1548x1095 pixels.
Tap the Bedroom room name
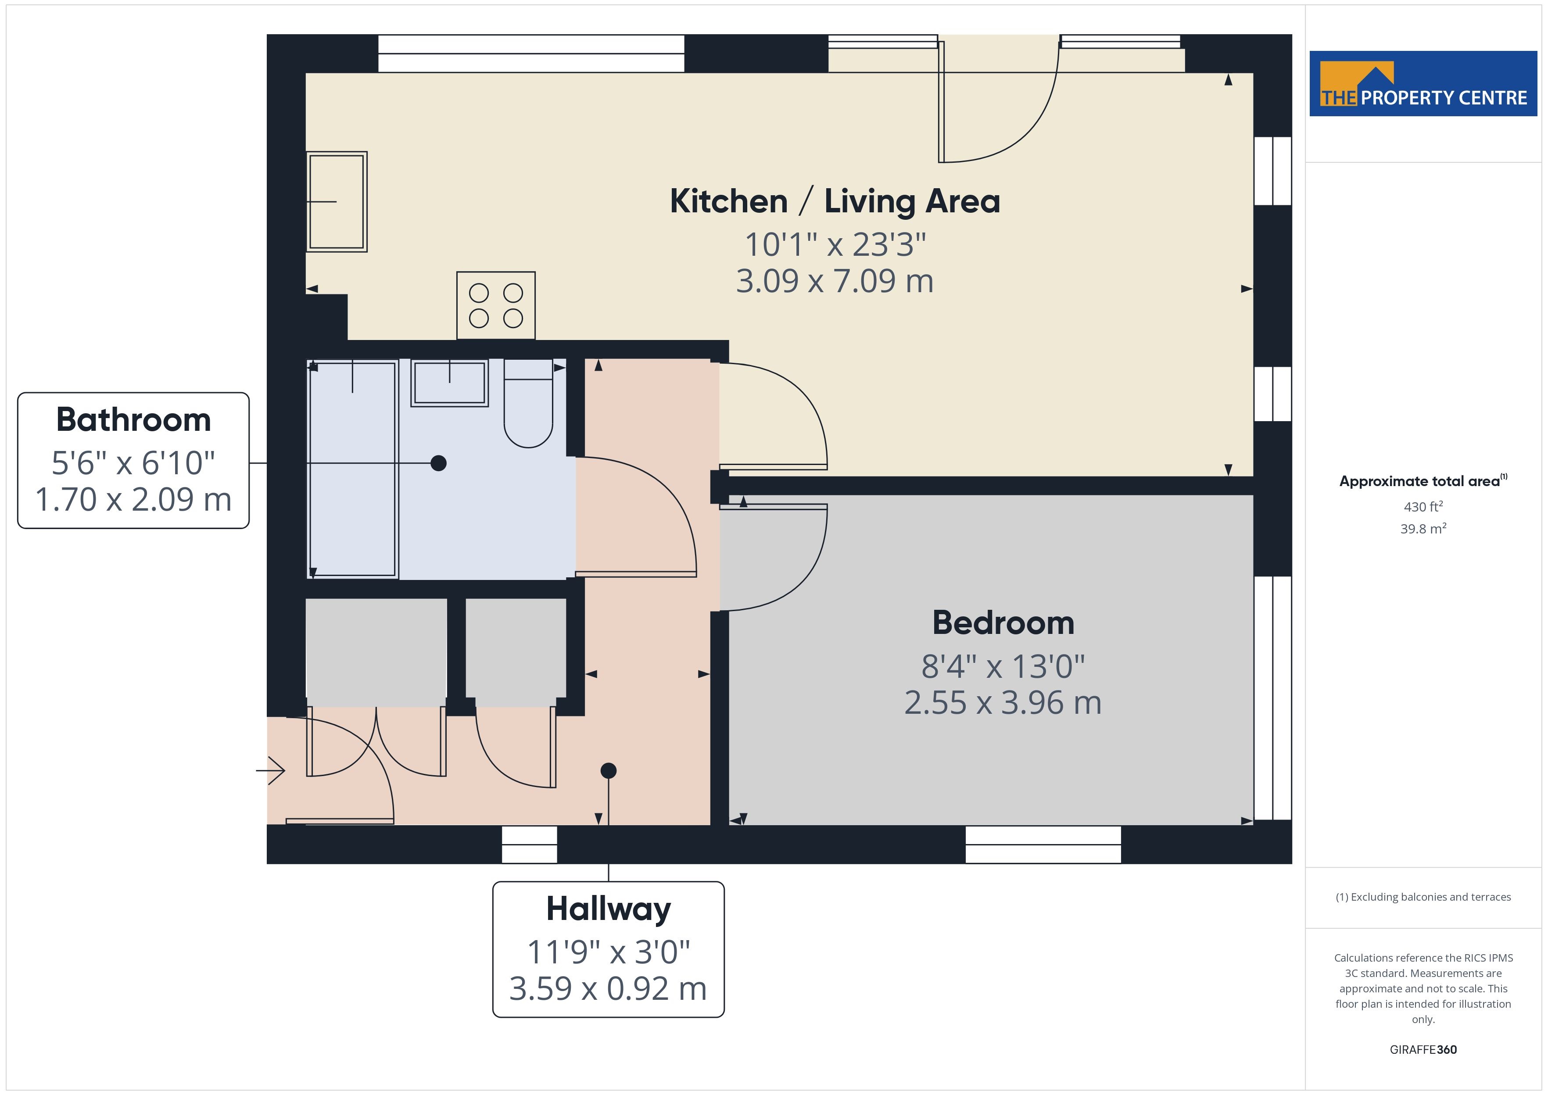(1003, 623)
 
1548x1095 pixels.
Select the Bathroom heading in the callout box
(133, 419)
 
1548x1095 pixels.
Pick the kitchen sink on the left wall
(337, 202)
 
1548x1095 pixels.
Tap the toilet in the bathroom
(529, 403)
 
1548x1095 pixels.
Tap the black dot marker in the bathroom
(438, 463)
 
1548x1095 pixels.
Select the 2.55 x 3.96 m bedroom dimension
(1003, 702)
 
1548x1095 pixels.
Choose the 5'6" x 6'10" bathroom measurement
(133, 463)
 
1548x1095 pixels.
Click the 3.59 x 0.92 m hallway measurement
(608, 988)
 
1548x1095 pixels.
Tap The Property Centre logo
(1423, 84)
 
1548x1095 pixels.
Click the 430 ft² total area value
(1423, 506)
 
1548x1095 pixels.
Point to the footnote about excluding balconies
(1423, 897)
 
